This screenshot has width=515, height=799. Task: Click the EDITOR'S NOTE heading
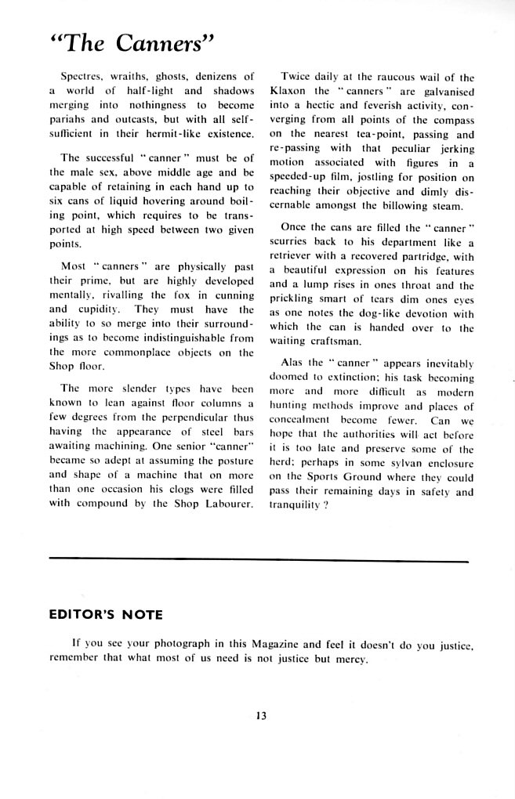105,614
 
